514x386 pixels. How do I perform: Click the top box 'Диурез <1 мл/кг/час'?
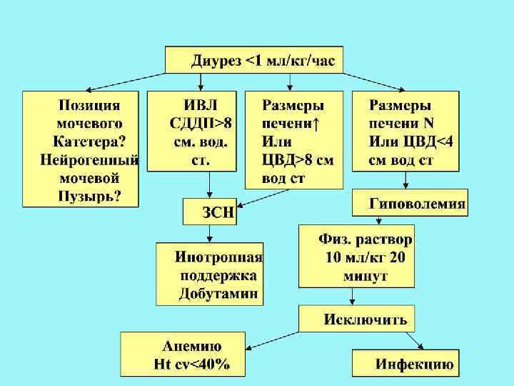(254, 59)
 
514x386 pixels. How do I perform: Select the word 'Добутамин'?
(219, 293)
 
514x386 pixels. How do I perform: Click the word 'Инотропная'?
(219, 257)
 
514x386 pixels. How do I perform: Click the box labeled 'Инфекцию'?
(414, 363)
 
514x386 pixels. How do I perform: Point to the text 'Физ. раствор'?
(366, 239)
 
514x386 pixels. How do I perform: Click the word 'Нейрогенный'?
(89, 159)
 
